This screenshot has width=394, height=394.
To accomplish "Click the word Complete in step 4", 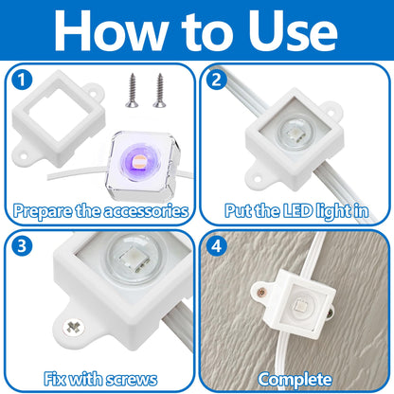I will tap(294, 379).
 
